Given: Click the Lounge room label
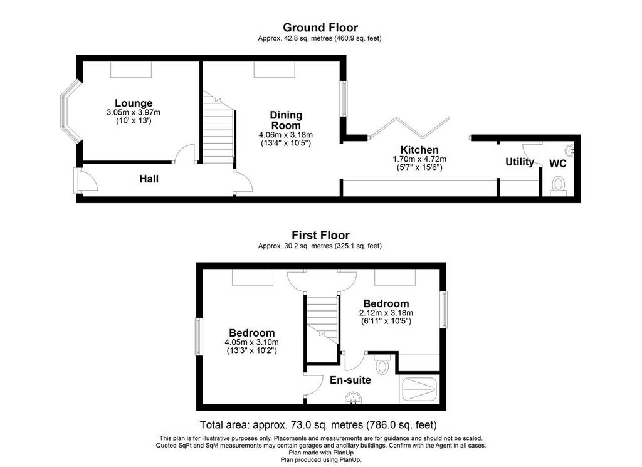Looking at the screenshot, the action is coord(134,103).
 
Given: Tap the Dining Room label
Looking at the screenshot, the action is coord(286,120).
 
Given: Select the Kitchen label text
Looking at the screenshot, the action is coord(419,150).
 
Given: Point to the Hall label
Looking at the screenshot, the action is coord(149,179).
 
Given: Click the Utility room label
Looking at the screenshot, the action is coord(520,162).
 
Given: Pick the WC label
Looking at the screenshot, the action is coord(557,164).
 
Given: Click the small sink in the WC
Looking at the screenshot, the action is coord(569,150).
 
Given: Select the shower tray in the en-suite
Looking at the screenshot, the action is coord(419,389).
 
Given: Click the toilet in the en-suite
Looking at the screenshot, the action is coord(382,364).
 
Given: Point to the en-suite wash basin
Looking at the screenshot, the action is coord(353,398).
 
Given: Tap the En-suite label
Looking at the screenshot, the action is coord(350,380).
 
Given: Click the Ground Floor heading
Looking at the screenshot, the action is coord(320,28).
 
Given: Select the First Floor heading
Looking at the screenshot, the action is coord(320,235).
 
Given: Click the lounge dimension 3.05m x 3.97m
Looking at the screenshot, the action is coord(134,113).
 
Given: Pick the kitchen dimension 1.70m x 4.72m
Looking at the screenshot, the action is coord(419,159).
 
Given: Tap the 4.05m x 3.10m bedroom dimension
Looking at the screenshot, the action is coord(252,342).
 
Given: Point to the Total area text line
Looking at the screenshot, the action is coord(318,424).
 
